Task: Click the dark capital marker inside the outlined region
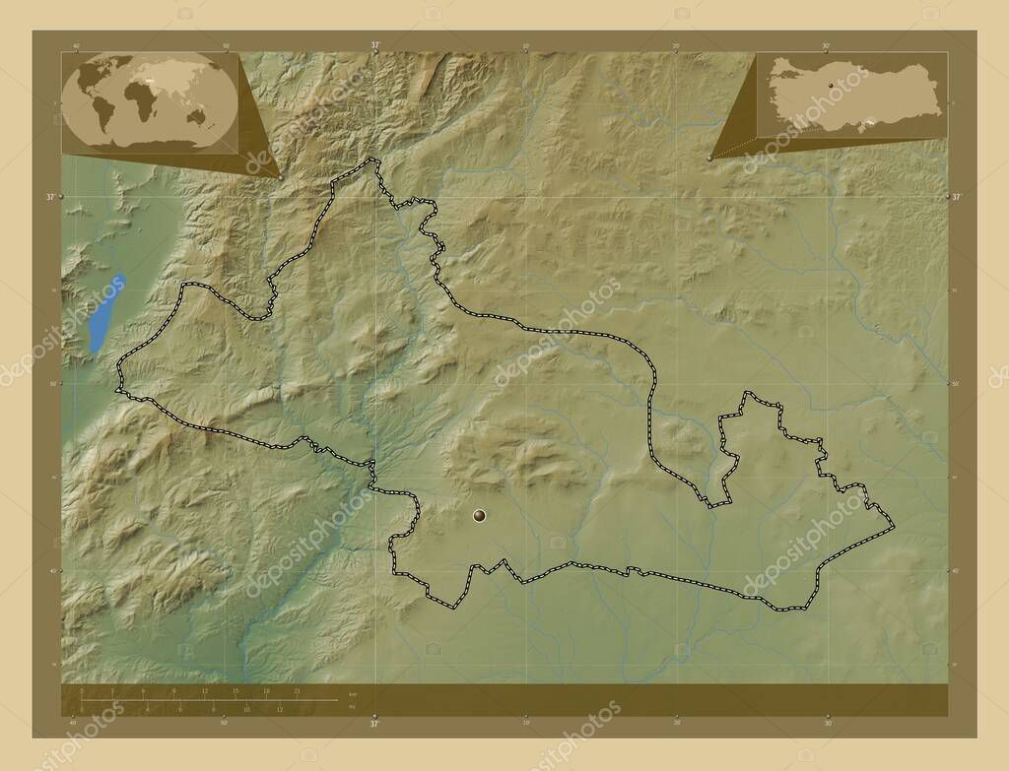(480, 514)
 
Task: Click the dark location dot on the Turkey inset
(831, 87)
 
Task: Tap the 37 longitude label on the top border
(374, 45)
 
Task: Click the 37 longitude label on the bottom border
(374, 724)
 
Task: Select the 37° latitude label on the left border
(50, 197)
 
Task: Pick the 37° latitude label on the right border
(957, 197)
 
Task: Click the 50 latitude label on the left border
(50, 383)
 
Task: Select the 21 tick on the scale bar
(297, 692)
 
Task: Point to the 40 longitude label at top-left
(76, 45)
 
